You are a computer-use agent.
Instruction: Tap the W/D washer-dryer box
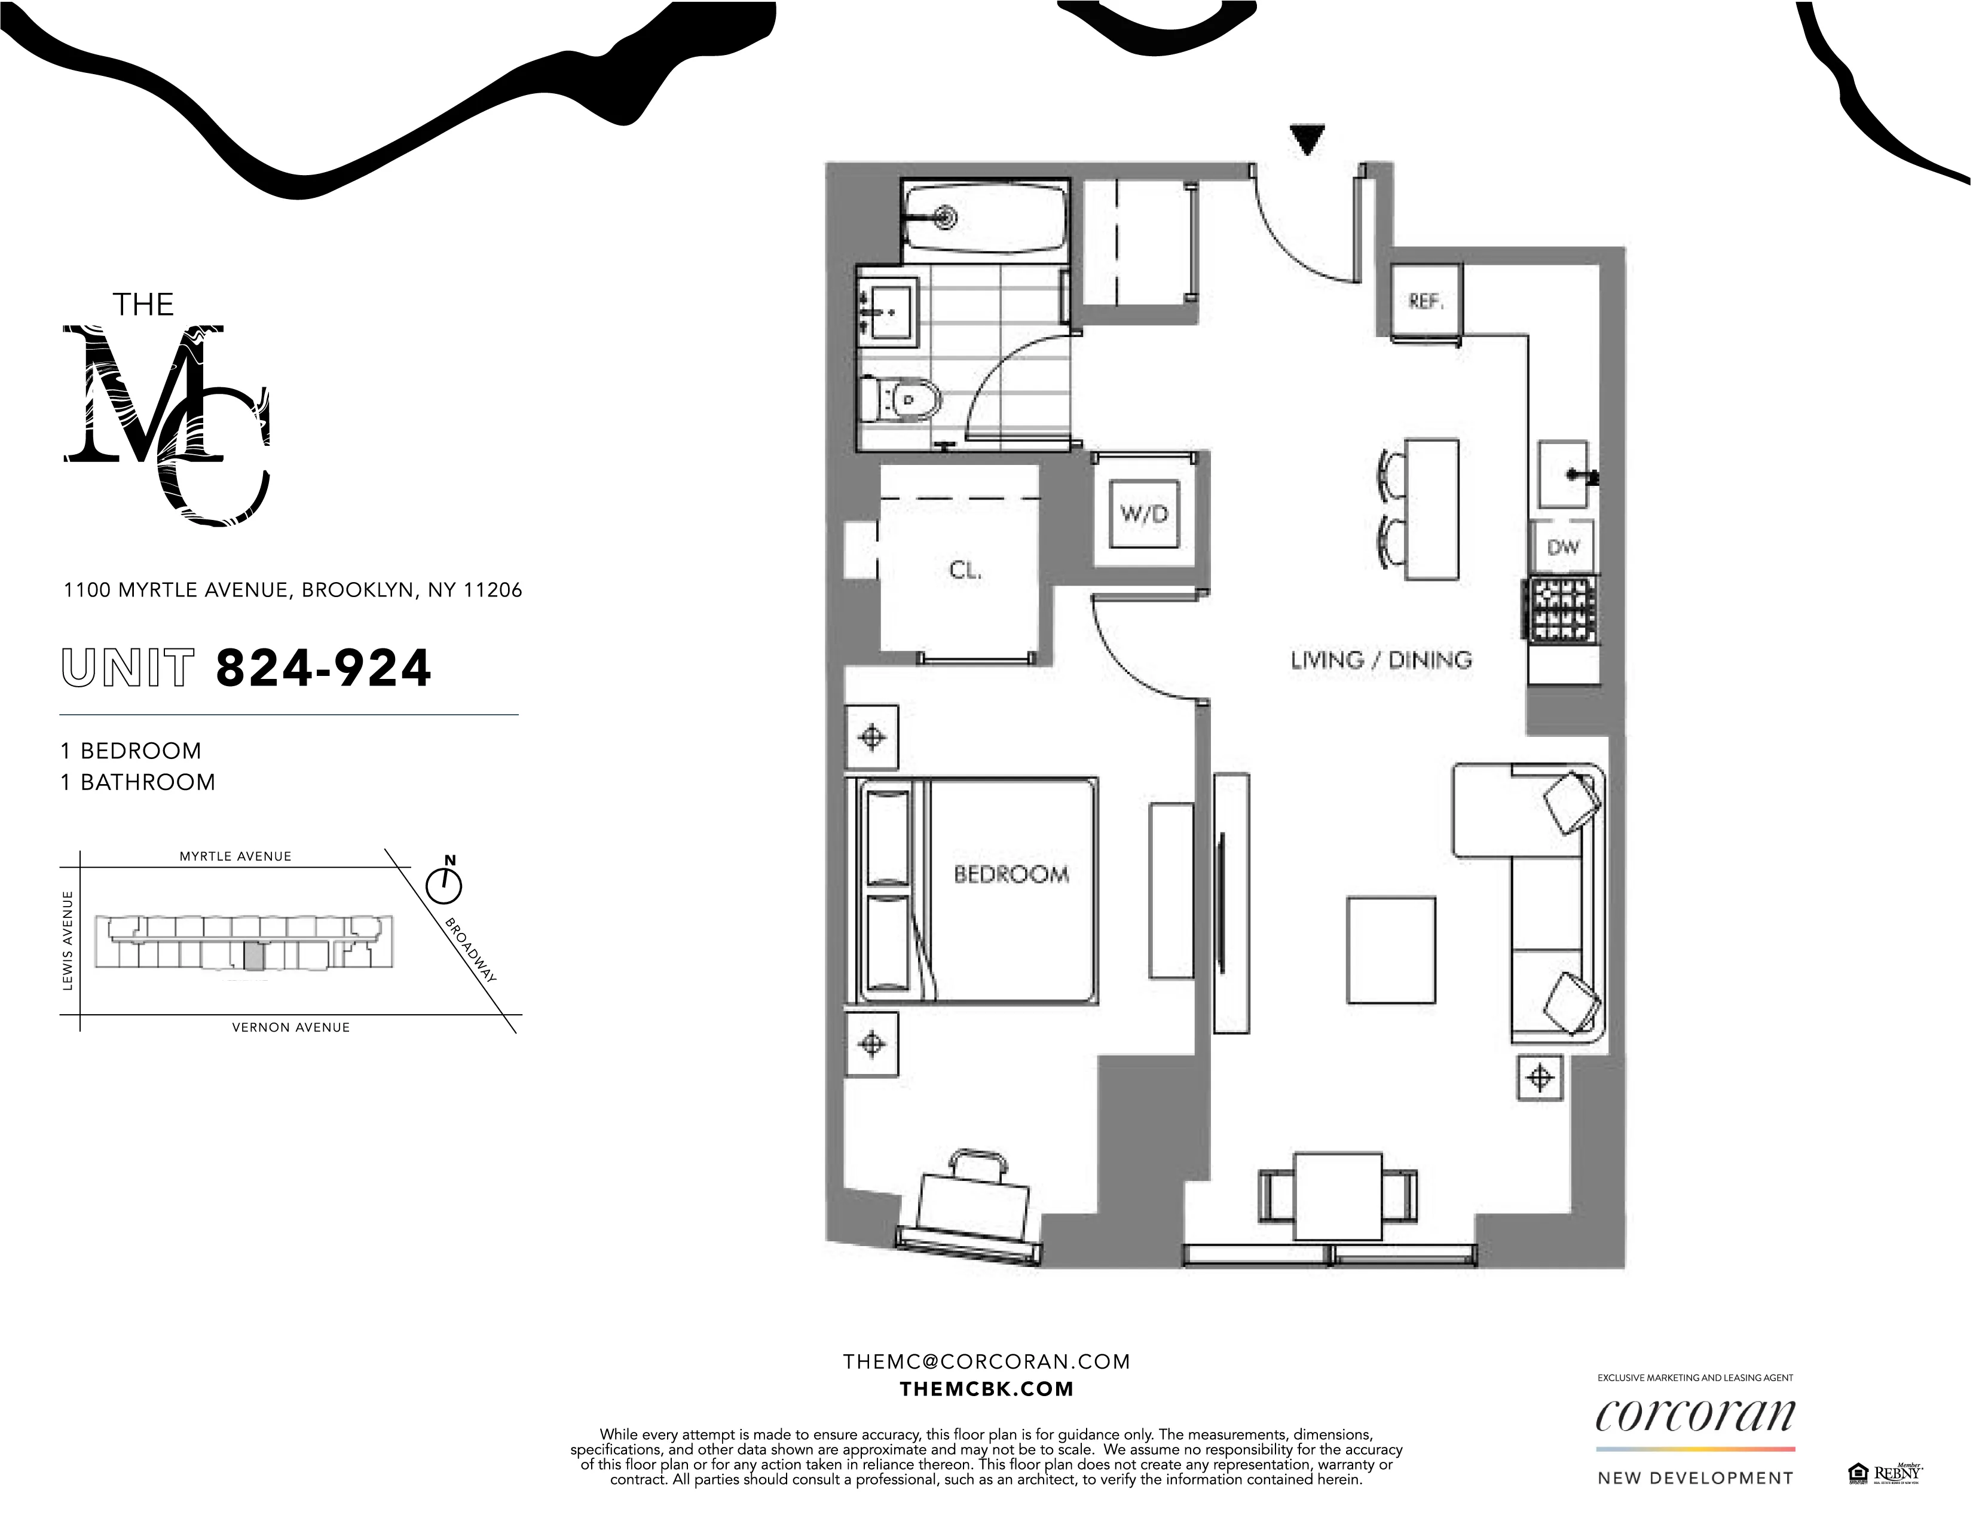pos(1145,514)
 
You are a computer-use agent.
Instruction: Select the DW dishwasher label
pos(1563,546)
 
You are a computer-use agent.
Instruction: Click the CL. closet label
pos(965,571)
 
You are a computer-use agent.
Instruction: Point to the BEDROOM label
pos(1011,874)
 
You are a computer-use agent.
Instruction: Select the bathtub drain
pos(946,217)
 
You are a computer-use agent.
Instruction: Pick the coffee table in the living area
pos(1390,950)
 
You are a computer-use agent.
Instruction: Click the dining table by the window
pos(1338,1196)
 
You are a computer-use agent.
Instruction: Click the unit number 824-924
pos(323,669)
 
